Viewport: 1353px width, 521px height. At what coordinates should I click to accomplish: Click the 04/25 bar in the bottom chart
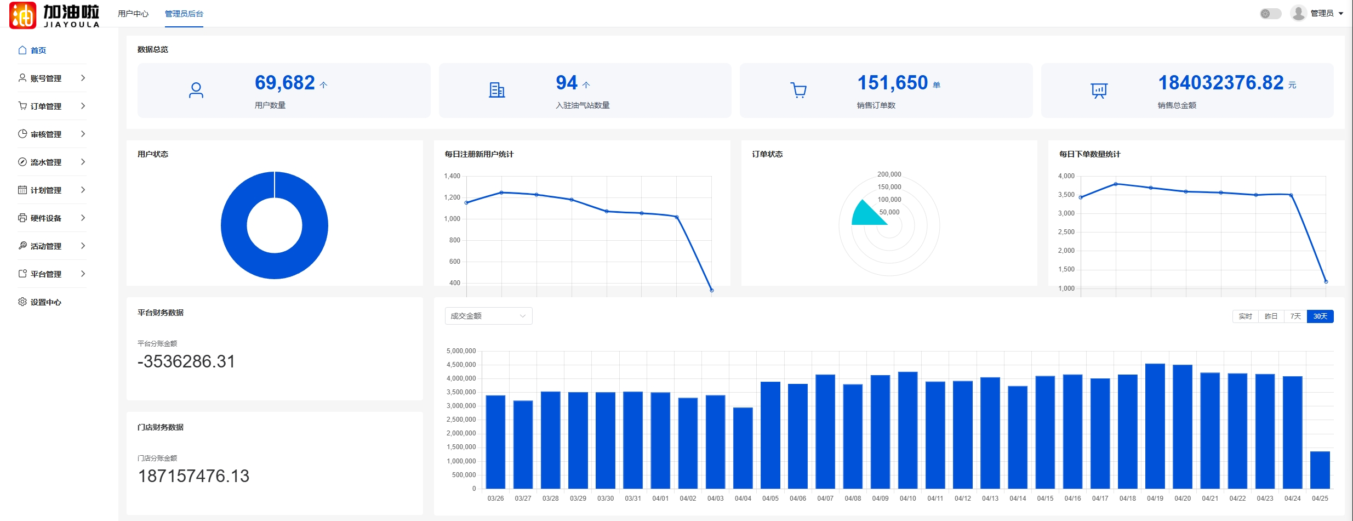[1320, 470]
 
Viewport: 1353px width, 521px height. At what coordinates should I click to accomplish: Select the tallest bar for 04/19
[1155, 426]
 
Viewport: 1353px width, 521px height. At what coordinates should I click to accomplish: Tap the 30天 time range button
[1320, 316]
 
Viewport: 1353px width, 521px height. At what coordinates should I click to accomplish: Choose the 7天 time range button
[1295, 316]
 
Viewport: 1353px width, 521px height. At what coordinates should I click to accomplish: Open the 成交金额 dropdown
[488, 316]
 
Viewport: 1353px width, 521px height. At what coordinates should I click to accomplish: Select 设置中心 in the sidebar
[46, 302]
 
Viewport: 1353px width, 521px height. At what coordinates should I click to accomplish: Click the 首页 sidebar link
[38, 50]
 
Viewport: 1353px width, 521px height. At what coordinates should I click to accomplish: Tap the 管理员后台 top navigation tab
[184, 14]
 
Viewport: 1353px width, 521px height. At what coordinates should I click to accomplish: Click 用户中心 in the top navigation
[133, 14]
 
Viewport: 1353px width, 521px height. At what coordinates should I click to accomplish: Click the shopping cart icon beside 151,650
[798, 90]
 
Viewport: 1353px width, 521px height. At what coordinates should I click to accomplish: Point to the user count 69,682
[285, 83]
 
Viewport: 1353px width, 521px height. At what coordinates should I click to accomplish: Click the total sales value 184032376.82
[1220, 83]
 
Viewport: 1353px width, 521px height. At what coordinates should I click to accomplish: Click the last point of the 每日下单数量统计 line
[1326, 281]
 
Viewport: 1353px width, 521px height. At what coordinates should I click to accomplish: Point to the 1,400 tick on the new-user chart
[452, 176]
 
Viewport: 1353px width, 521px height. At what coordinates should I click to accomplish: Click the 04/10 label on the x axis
[907, 499]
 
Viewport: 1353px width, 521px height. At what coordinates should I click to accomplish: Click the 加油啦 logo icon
[23, 15]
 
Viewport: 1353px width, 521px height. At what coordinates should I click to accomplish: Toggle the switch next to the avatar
[1270, 14]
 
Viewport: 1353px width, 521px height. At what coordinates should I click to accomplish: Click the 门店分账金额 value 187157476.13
[193, 476]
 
